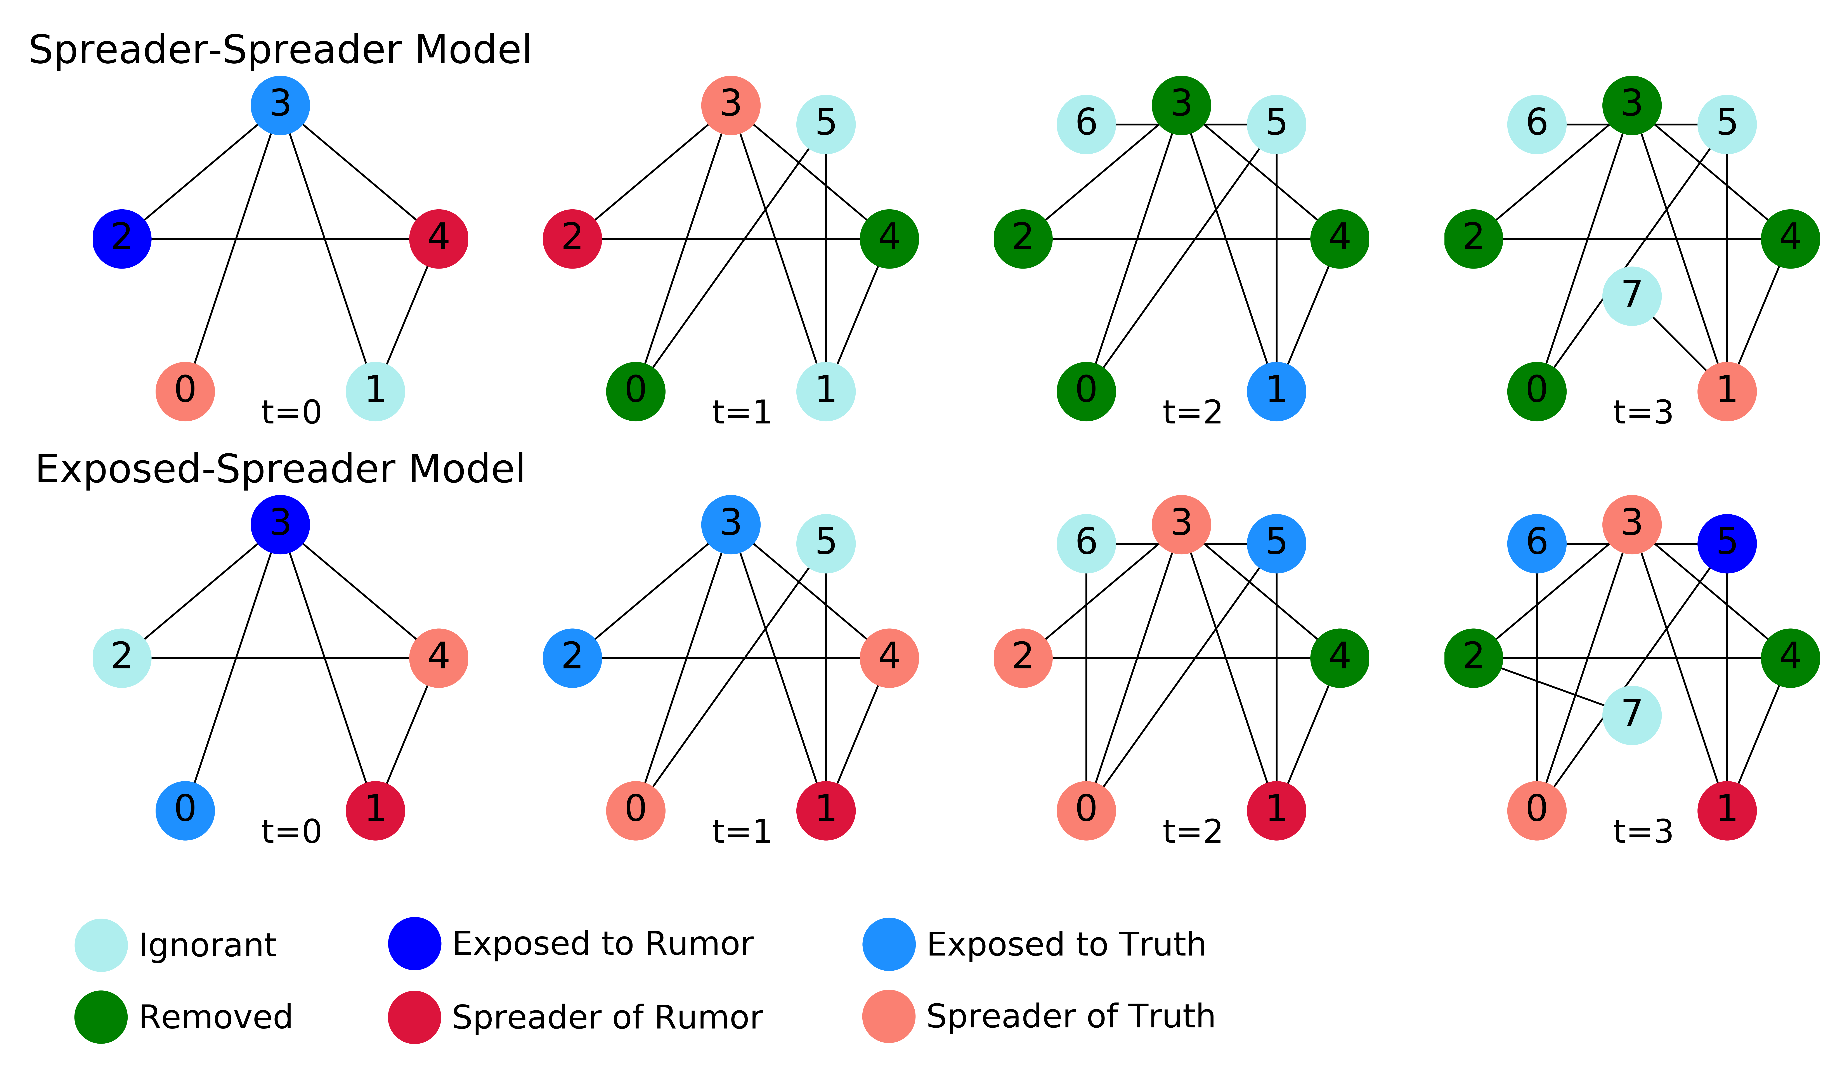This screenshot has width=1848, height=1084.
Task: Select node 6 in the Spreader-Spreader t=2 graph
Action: pyautogui.click(x=1086, y=124)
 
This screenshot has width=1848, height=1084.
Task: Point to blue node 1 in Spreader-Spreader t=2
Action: pyautogui.click(x=1276, y=391)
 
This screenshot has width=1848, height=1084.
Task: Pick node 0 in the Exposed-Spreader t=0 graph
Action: pyautogui.click(x=185, y=810)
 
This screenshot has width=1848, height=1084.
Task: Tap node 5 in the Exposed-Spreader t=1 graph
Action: pyautogui.click(x=826, y=543)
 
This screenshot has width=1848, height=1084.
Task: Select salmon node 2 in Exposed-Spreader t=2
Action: pyautogui.click(x=1023, y=658)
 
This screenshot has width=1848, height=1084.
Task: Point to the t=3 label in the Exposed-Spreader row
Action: pyautogui.click(x=1643, y=832)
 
